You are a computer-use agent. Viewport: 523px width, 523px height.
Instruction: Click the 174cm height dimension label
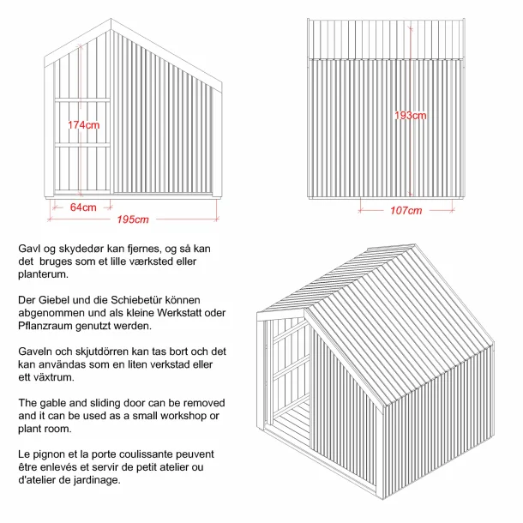click(84, 125)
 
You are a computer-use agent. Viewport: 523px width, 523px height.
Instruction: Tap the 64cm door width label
click(83, 207)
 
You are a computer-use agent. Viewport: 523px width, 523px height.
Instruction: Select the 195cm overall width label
click(133, 220)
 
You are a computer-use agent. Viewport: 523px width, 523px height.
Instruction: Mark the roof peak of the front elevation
click(111, 20)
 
